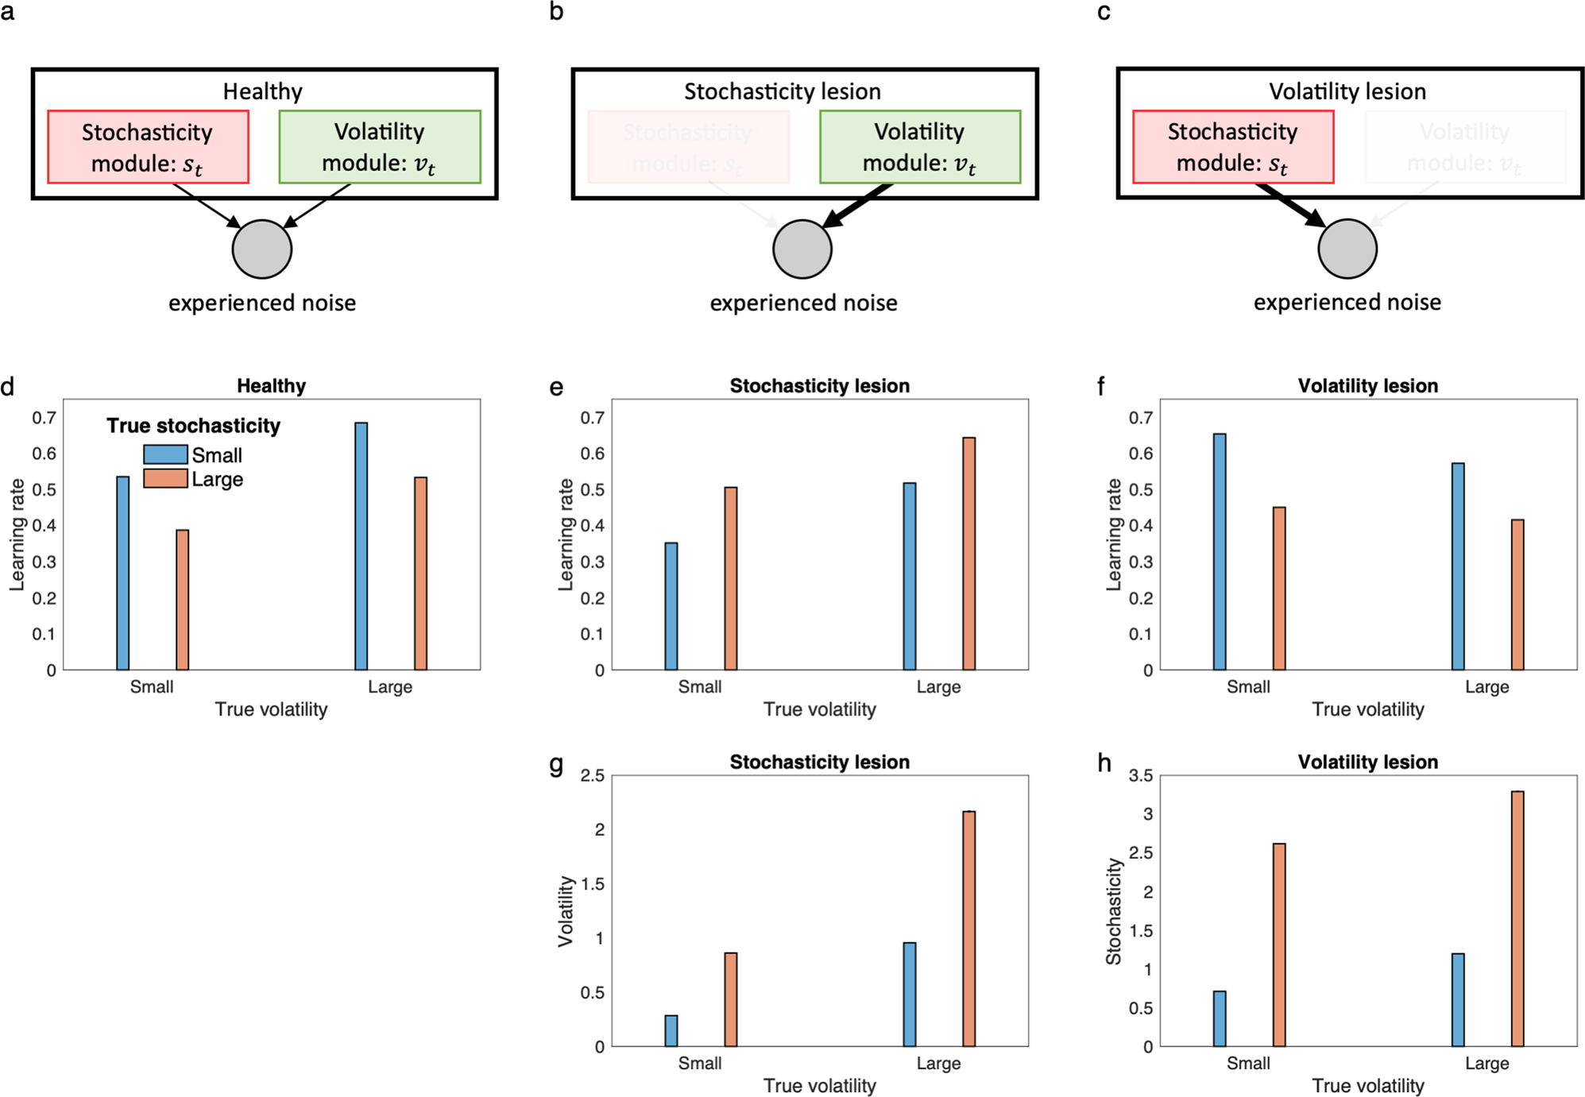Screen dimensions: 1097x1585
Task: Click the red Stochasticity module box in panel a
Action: pos(148,147)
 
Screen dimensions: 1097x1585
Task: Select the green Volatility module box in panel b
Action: pos(919,147)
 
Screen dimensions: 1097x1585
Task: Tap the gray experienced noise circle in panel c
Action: pos(1347,249)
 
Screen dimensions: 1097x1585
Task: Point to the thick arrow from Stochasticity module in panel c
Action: pos(1289,204)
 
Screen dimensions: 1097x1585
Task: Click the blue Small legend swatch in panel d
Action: pos(165,454)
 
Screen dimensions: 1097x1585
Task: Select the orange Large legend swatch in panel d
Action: pos(165,478)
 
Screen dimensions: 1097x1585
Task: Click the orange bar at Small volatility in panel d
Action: pos(182,600)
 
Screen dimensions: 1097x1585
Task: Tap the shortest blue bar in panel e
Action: pos(671,606)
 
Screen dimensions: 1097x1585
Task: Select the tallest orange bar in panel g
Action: pos(968,929)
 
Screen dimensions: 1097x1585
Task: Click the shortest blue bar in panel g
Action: pos(671,1030)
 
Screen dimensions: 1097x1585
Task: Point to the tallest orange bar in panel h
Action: pos(1517,918)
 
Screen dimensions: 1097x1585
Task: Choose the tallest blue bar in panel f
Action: pos(1220,551)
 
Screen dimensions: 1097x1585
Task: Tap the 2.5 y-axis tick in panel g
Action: pos(592,775)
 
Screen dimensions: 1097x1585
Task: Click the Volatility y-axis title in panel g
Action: pos(566,911)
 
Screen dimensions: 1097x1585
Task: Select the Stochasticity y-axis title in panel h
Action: pos(1114,911)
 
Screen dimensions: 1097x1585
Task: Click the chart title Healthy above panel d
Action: pos(271,386)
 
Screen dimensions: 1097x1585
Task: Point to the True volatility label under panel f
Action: pos(1367,709)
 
